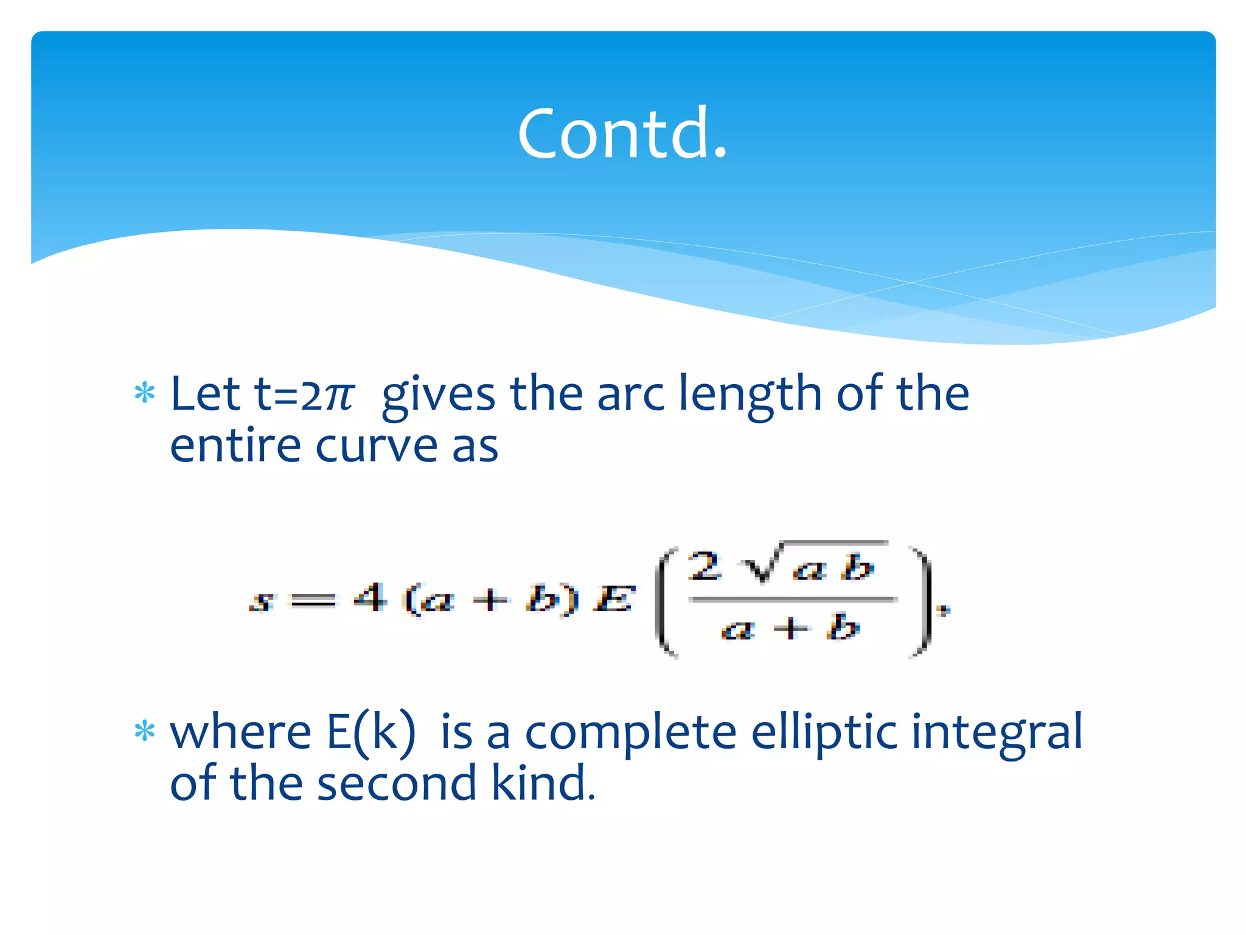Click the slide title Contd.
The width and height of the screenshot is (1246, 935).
(x=622, y=133)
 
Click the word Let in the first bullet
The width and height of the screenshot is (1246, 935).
(x=205, y=394)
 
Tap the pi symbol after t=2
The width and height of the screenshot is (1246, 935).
(x=339, y=396)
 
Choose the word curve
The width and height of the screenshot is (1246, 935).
(x=377, y=447)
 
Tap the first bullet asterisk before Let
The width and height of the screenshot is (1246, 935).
(x=145, y=393)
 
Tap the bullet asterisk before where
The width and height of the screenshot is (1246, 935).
(x=145, y=731)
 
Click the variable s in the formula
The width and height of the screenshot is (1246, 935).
(x=262, y=601)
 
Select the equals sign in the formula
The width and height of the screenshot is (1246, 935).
(x=313, y=601)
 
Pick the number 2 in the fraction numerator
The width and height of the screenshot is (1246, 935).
(x=705, y=566)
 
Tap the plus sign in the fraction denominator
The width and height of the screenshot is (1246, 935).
(x=790, y=628)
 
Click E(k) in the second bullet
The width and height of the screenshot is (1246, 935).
(x=371, y=732)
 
